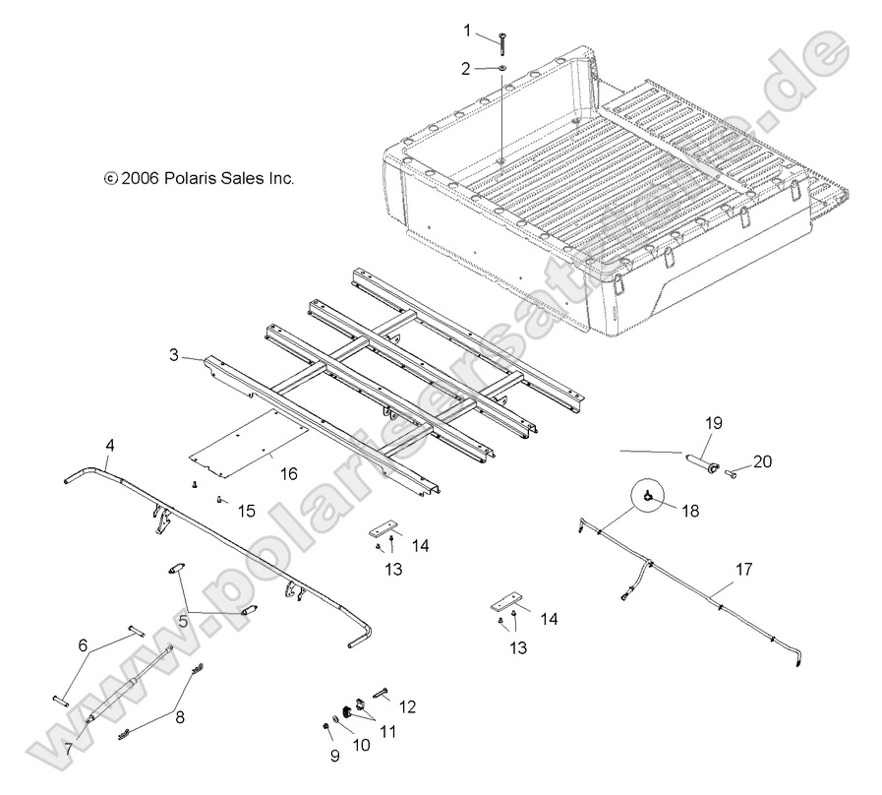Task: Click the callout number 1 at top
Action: (x=468, y=31)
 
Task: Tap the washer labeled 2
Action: (x=500, y=68)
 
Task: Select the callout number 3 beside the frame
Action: (x=173, y=355)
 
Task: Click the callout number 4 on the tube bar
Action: (x=110, y=446)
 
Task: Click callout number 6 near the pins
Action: (x=83, y=644)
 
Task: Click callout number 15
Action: (x=246, y=510)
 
